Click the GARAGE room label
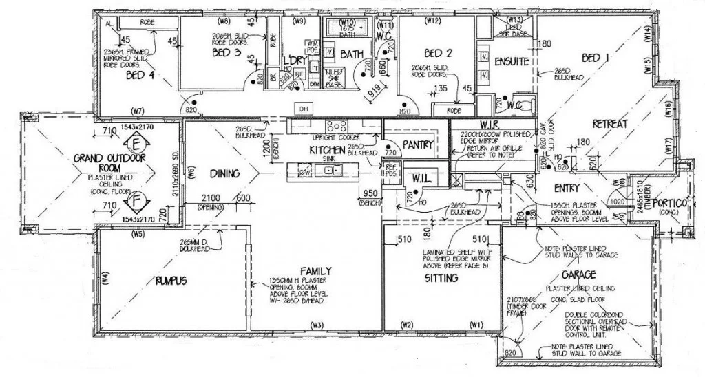pos(569,273)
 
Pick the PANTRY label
pos(417,144)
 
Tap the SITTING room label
pos(441,279)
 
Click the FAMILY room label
pos(316,270)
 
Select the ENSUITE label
pos(511,61)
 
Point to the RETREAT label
pos(609,124)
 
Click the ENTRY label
pos(567,187)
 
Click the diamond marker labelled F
pos(136,202)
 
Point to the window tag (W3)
pos(317,325)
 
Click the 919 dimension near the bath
pos(374,89)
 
